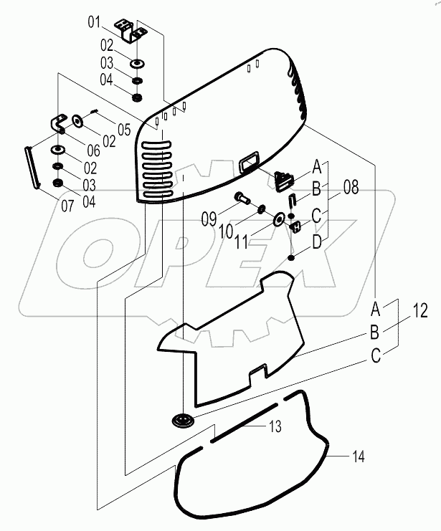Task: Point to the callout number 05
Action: (x=123, y=130)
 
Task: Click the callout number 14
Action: (x=359, y=455)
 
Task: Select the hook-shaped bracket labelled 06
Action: (x=58, y=124)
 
